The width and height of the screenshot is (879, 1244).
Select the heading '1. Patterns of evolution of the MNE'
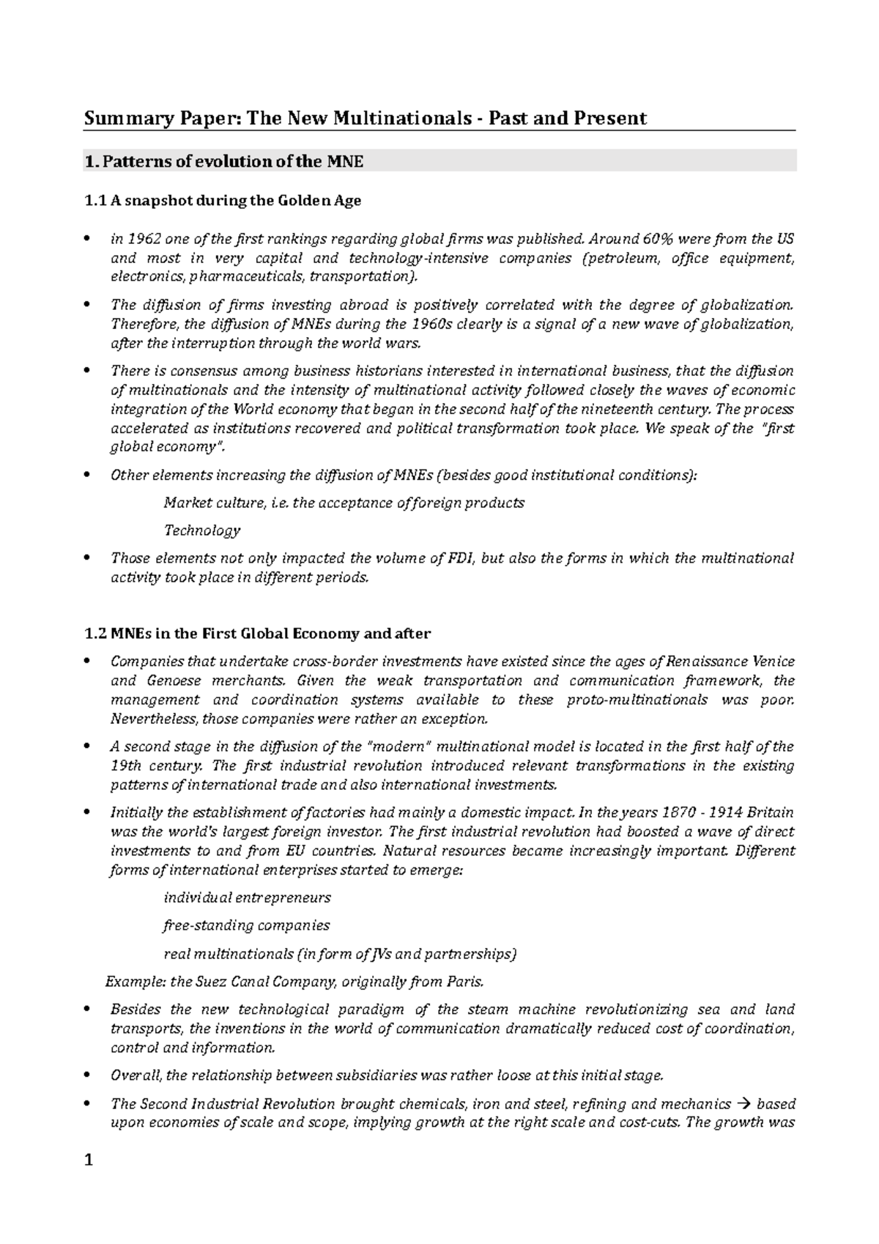pyautogui.click(x=224, y=161)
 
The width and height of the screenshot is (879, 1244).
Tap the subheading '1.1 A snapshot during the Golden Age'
pyautogui.click(x=223, y=200)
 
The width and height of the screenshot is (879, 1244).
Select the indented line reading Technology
pyautogui.click(x=201, y=530)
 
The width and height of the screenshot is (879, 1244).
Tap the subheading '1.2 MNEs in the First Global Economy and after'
pyautogui.click(x=258, y=633)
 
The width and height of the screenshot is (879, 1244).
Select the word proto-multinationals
pyautogui.click(x=637, y=700)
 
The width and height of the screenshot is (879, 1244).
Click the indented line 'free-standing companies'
pyautogui.click(x=247, y=925)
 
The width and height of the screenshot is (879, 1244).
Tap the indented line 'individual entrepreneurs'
pyautogui.click(x=248, y=897)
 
